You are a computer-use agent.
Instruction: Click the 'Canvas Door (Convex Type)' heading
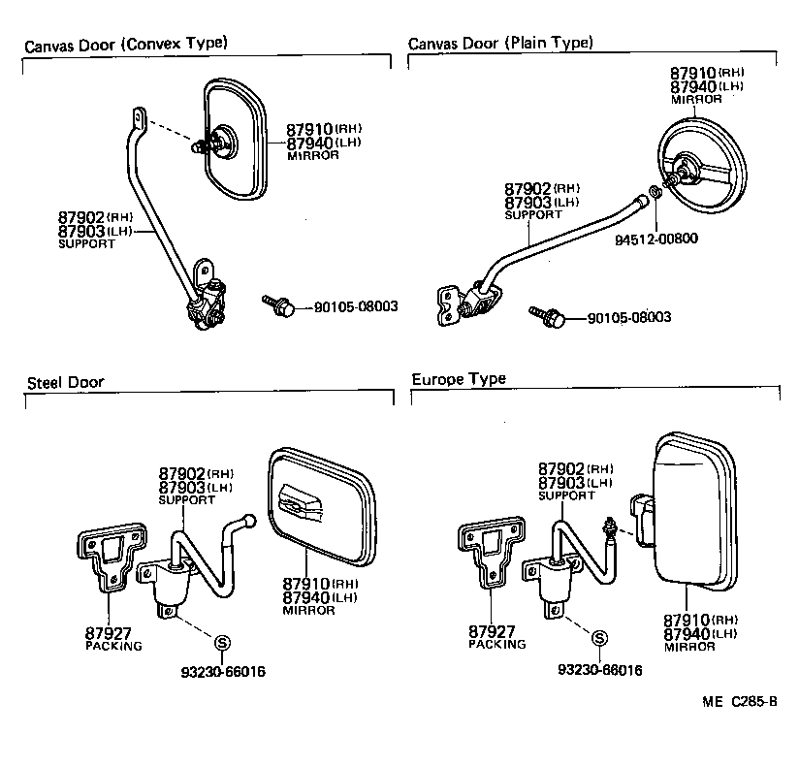click(x=125, y=44)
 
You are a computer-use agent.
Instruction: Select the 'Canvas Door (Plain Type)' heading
click(x=500, y=44)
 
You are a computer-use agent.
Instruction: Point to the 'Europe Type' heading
click(x=459, y=379)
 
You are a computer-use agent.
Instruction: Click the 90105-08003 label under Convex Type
click(x=356, y=307)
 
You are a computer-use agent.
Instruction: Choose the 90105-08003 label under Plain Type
click(x=629, y=318)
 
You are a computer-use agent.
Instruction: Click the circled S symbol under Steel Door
click(x=221, y=641)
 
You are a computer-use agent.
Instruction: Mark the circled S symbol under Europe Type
click(x=600, y=638)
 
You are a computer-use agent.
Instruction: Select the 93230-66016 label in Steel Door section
click(x=223, y=671)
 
